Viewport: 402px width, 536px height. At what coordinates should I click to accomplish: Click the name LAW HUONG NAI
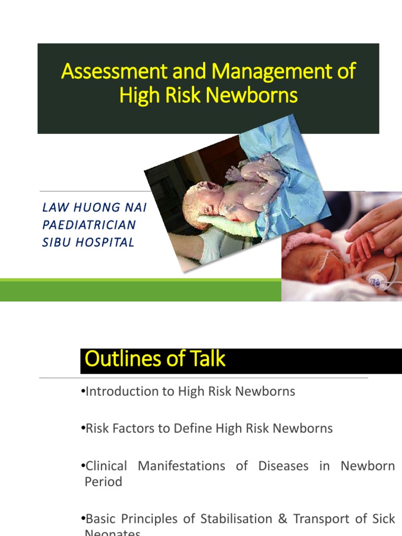point(94,208)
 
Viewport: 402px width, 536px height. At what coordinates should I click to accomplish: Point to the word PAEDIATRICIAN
point(88,225)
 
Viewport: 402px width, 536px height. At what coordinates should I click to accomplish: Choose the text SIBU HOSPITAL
point(88,242)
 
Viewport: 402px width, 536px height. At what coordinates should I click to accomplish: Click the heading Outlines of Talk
point(155,359)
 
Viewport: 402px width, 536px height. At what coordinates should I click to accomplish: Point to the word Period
point(103,482)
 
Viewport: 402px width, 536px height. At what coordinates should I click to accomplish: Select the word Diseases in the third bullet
point(283,466)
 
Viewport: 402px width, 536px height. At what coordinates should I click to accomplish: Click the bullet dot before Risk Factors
point(83,429)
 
